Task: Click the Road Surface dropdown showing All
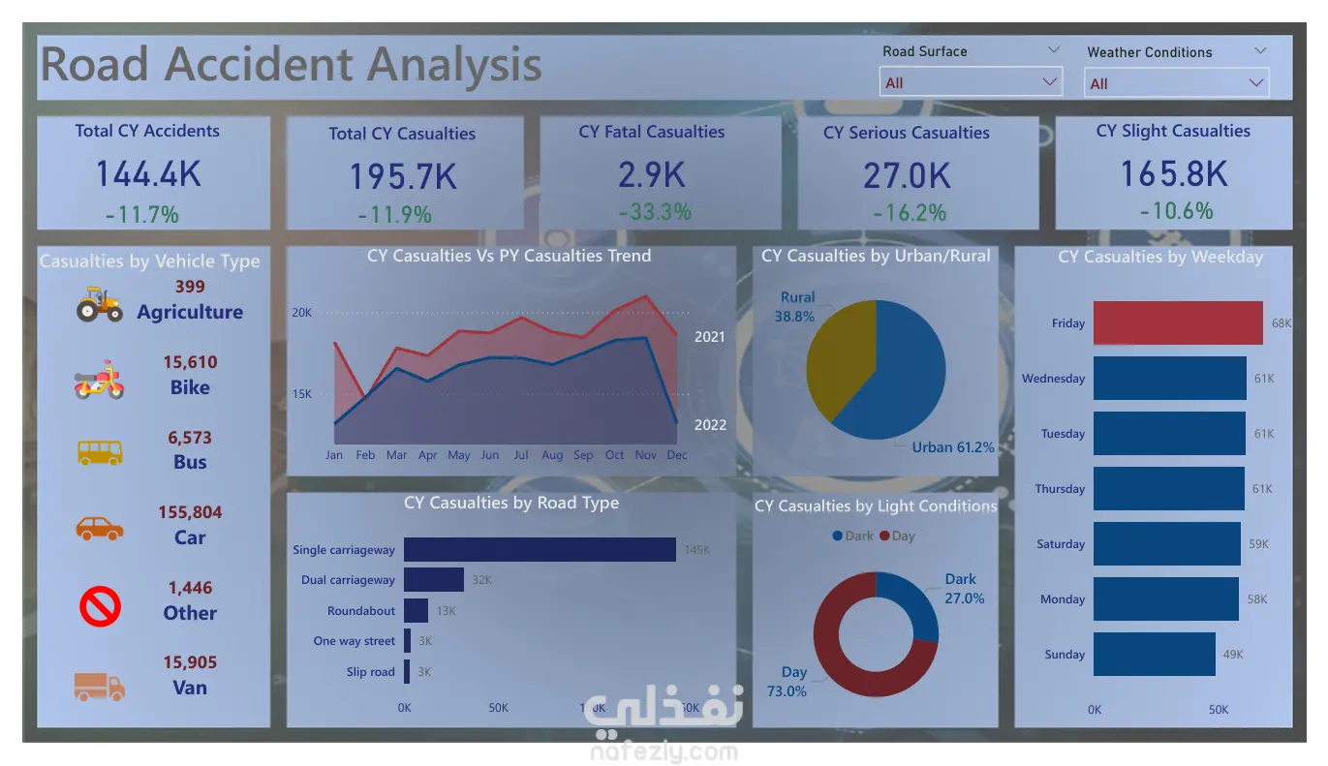(970, 82)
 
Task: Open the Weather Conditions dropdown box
(1176, 83)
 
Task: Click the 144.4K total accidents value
(148, 174)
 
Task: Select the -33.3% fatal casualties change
(655, 211)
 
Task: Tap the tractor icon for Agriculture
(100, 304)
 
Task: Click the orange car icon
(100, 528)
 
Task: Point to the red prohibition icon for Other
(100, 607)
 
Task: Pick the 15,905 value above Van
(190, 662)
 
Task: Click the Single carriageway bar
(540, 550)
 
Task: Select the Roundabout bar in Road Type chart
(416, 611)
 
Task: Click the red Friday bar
(1178, 323)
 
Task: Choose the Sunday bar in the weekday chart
(1154, 655)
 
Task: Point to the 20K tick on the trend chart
(301, 313)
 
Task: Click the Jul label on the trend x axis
(521, 455)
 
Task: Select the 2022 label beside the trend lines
(710, 425)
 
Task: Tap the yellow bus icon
(100, 452)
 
